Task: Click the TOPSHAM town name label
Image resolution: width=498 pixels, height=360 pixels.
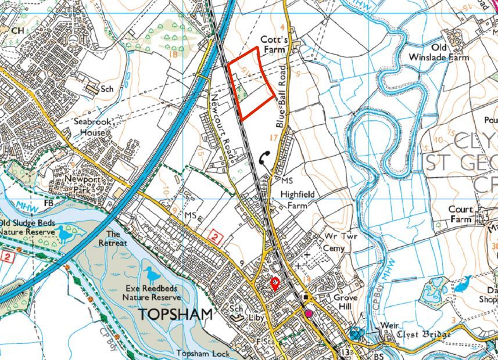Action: [175, 315]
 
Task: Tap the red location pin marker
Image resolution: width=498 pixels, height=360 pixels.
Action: [275, 284]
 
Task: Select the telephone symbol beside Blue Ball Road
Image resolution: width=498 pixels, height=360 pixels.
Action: [265, 157]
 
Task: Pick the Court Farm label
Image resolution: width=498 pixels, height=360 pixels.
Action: [462, 214]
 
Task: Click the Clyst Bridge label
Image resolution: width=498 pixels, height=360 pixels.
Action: [416, 334]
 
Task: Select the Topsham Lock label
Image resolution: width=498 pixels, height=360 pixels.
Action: [200, 354]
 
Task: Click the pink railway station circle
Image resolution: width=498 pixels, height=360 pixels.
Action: [309, 314]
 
